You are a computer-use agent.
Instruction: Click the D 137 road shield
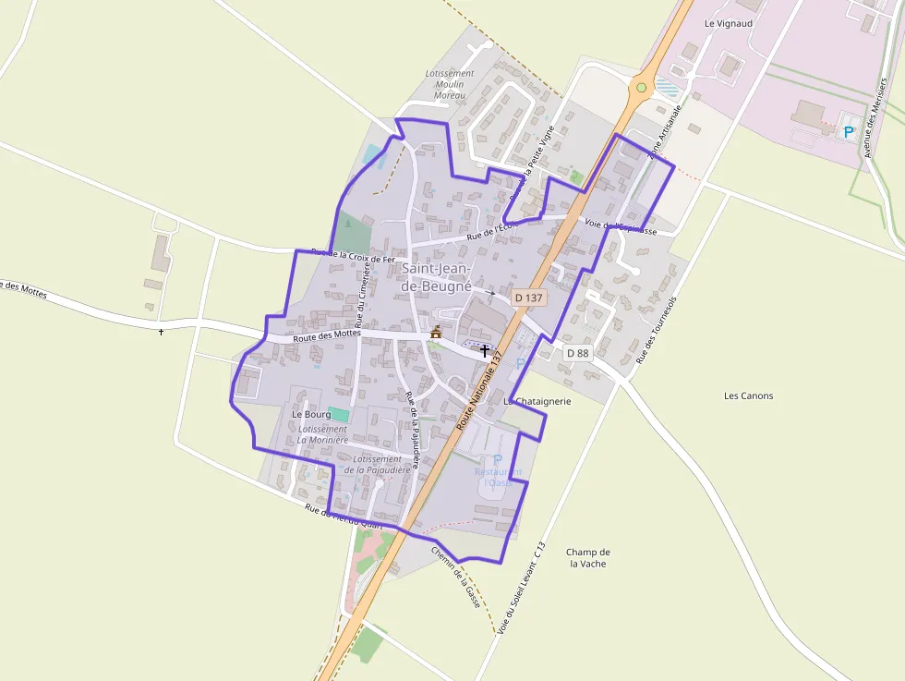point(530,298)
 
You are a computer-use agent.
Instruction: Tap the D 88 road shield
point(577,353)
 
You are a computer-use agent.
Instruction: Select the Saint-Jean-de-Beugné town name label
point(437,277)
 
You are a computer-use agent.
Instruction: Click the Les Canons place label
point(749,395)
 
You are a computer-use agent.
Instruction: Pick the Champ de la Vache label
point(588,557)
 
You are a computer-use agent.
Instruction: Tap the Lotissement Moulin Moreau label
point(450,84)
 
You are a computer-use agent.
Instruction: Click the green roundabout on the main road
point(641,88)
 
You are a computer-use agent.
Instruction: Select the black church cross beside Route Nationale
point(485,350)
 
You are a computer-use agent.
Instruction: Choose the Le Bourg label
point(311,415)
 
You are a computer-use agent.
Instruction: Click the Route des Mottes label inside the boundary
point(326,337)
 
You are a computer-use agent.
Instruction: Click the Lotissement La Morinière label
point(323,434)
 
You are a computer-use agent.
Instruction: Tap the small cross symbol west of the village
point(161,331)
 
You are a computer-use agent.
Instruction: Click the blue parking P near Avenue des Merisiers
point(848,132)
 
